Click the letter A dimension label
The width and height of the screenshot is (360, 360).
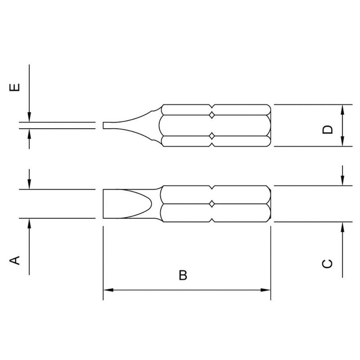[x=15, y=260]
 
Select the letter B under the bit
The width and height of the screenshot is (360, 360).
[x=183, y=275]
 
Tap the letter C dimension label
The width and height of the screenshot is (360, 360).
[x=328, y=263]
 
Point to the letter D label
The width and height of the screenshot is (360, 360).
[x=328, y=130]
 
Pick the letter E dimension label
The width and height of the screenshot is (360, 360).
[x=15, y=87]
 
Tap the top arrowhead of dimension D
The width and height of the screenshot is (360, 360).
[x=343, y=108]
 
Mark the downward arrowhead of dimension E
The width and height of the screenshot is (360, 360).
[x=29, y=117]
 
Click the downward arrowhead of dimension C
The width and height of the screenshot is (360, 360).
[x=343, y=182]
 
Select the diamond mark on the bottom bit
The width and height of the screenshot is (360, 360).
[x=211, y=205]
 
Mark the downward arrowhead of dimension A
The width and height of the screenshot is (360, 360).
[x=29, y=185]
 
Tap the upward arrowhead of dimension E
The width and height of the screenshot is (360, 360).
[x=29, y=134]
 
